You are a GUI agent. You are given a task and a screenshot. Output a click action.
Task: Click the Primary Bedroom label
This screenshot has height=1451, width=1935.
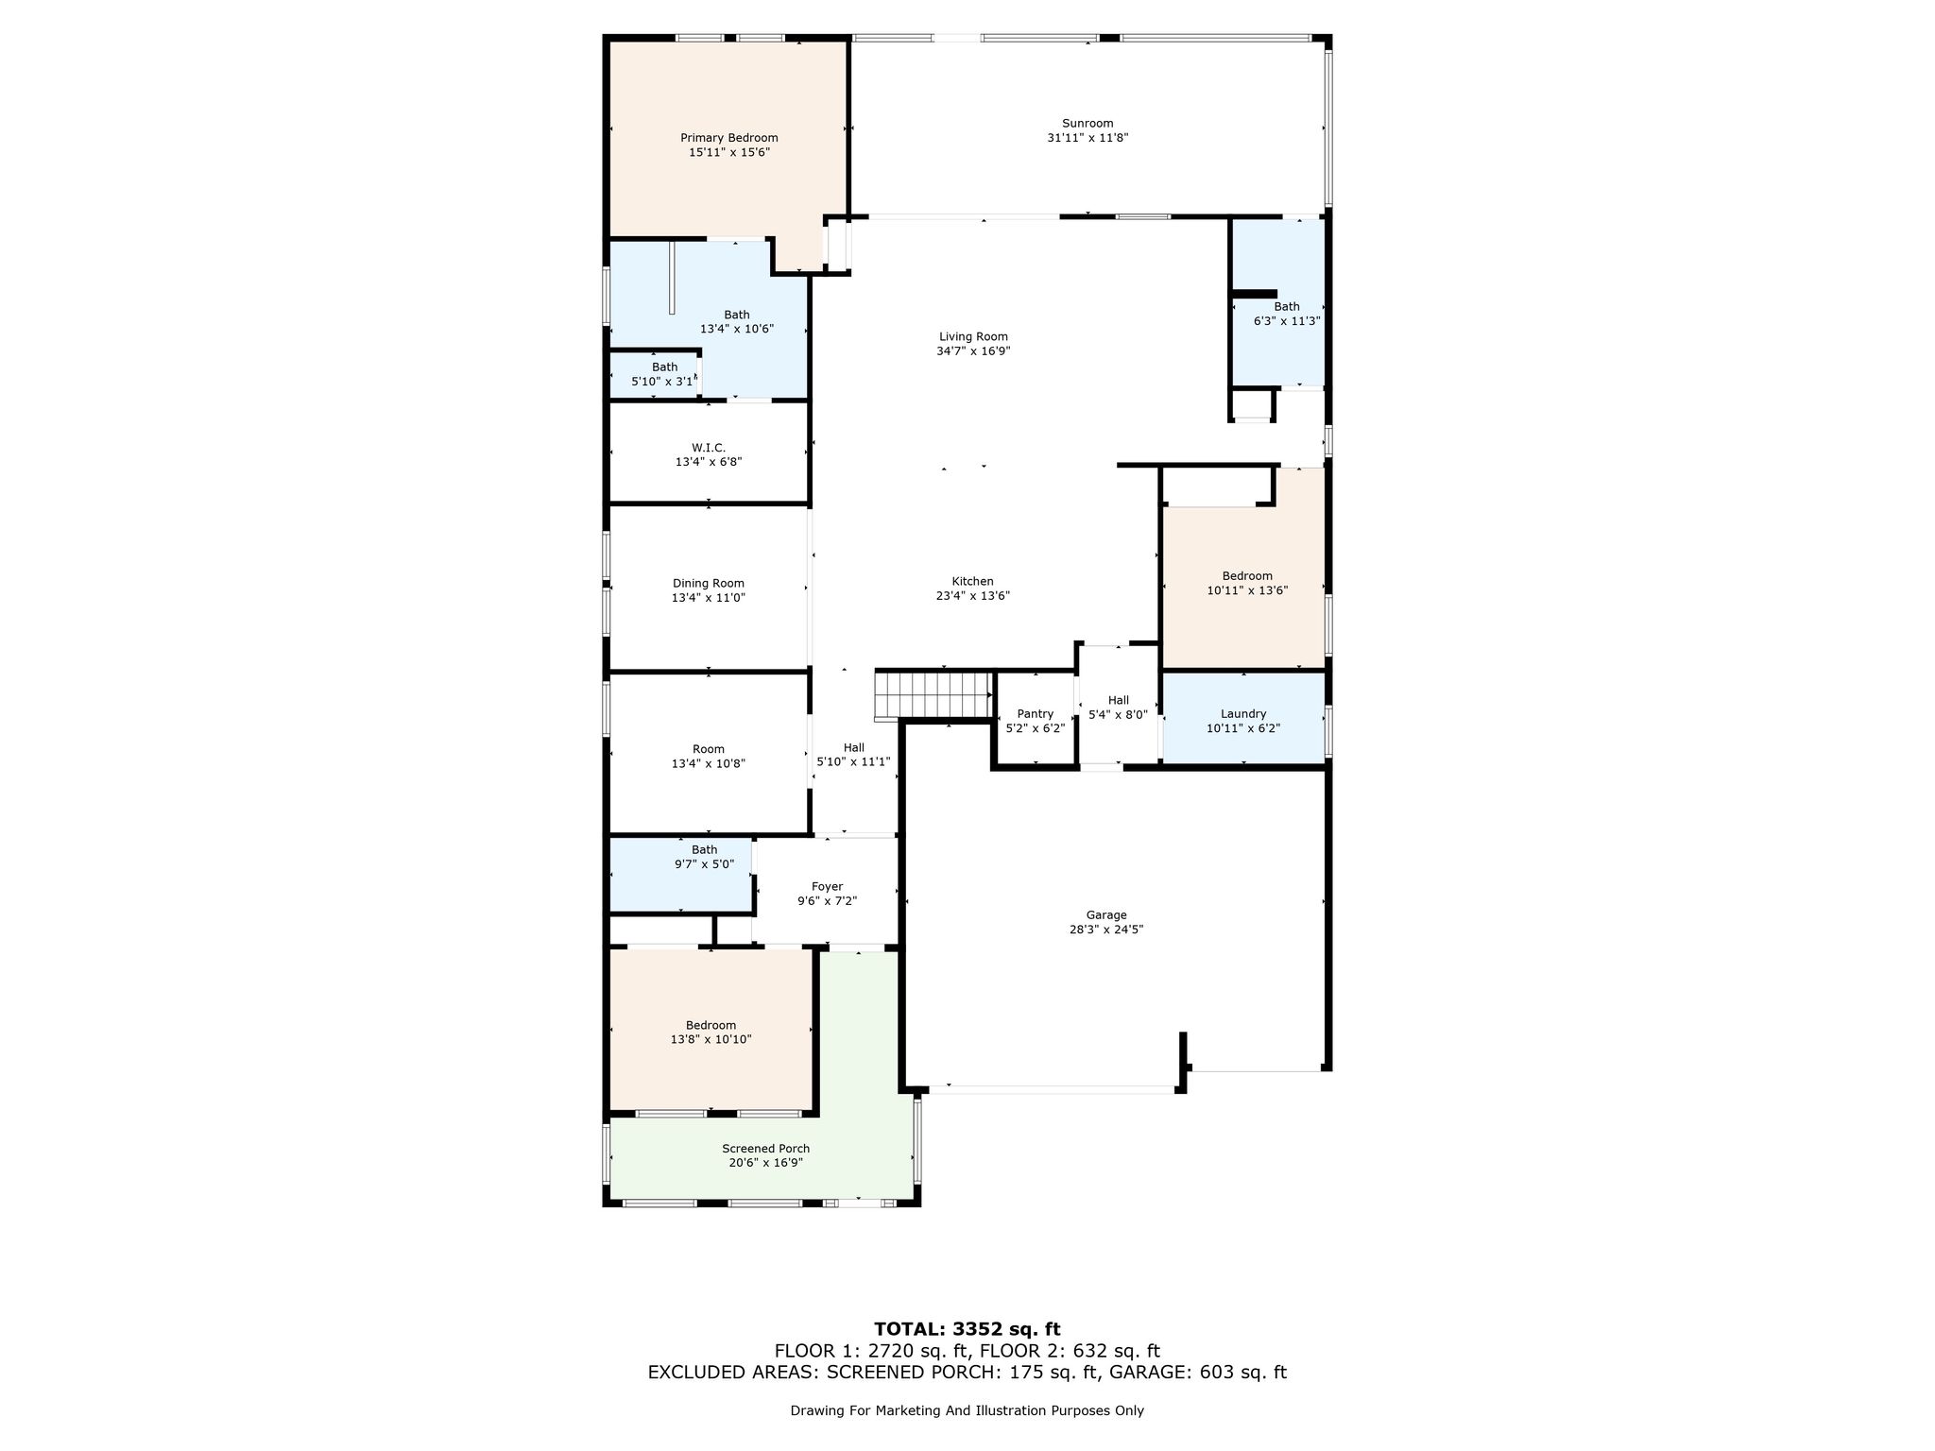pos(729,138)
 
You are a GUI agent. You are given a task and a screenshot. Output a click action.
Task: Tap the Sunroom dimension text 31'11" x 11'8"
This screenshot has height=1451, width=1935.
pos(1087,138)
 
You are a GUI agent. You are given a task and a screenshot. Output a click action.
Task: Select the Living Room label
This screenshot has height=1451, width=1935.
pos(973,336)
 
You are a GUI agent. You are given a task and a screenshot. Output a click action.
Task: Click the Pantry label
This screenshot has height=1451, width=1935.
pos(1036,714)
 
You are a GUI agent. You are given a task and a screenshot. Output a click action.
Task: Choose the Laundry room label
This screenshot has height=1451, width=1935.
pos(1243,714)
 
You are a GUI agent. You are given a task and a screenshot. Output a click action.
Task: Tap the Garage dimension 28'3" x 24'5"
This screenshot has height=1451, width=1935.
pos(1106,930)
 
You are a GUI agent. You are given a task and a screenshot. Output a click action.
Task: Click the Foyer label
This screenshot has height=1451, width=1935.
pos(827,887)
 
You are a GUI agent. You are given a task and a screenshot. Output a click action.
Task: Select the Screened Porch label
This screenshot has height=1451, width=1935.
pos(766,1149)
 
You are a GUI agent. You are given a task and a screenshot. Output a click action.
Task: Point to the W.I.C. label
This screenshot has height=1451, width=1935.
pos(709,448)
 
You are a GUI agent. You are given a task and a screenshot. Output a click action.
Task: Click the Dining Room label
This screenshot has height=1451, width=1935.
pos(709,584)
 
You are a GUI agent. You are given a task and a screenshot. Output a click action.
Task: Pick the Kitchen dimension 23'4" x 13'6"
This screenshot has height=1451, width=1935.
pos(972,596)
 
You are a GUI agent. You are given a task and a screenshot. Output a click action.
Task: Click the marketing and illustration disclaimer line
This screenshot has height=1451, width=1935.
pos(967,1411)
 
